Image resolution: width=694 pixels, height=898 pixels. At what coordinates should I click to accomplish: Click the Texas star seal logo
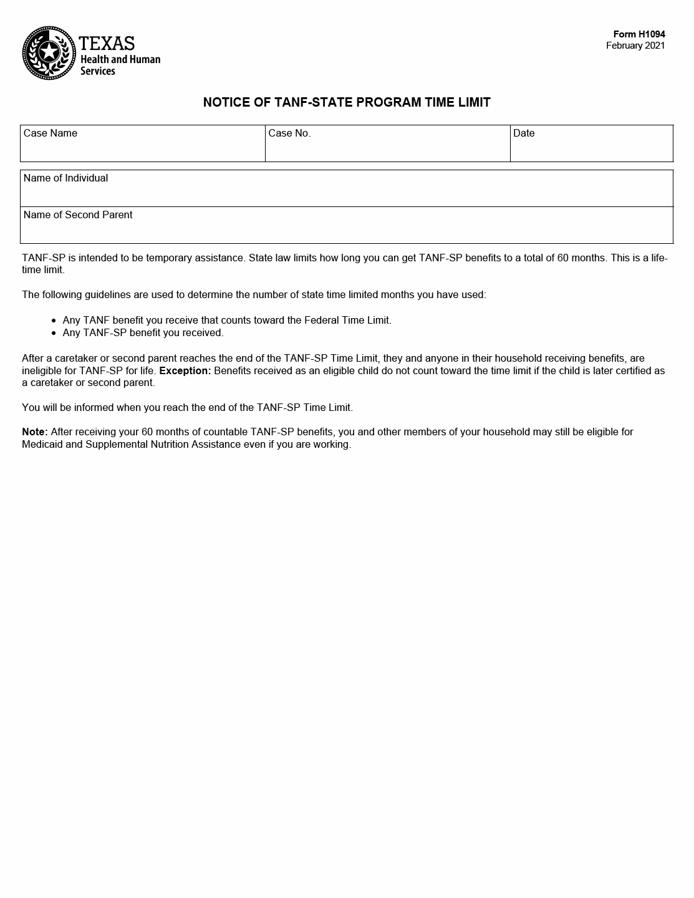coord(49,53)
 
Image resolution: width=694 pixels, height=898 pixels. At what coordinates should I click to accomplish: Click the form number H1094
coord(639,34)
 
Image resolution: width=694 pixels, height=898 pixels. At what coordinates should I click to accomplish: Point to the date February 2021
coord(635,46)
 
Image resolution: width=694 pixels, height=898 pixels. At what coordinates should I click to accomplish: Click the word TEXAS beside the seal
coord(107,43)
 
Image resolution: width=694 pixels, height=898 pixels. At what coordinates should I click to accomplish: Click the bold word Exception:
coord(185,370)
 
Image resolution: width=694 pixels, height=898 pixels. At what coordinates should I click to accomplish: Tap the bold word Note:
coord(35,432)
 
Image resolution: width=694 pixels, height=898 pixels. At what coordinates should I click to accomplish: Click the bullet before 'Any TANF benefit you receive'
coord(55,321)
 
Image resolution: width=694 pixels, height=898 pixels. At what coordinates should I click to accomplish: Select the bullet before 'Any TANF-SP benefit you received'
coord(55,333)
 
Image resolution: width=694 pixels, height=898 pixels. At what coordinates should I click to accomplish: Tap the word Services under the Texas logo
coord(98,71)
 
